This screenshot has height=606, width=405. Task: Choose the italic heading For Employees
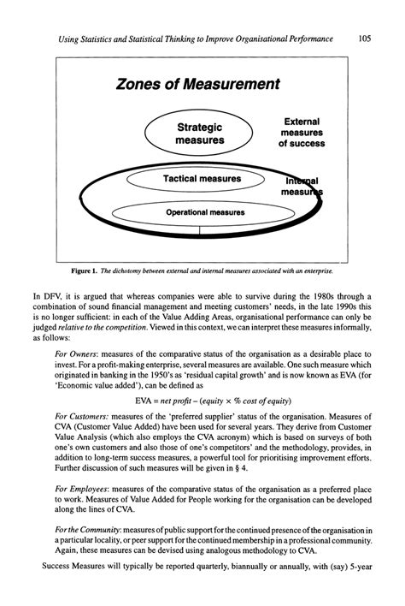tap(85, 489)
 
